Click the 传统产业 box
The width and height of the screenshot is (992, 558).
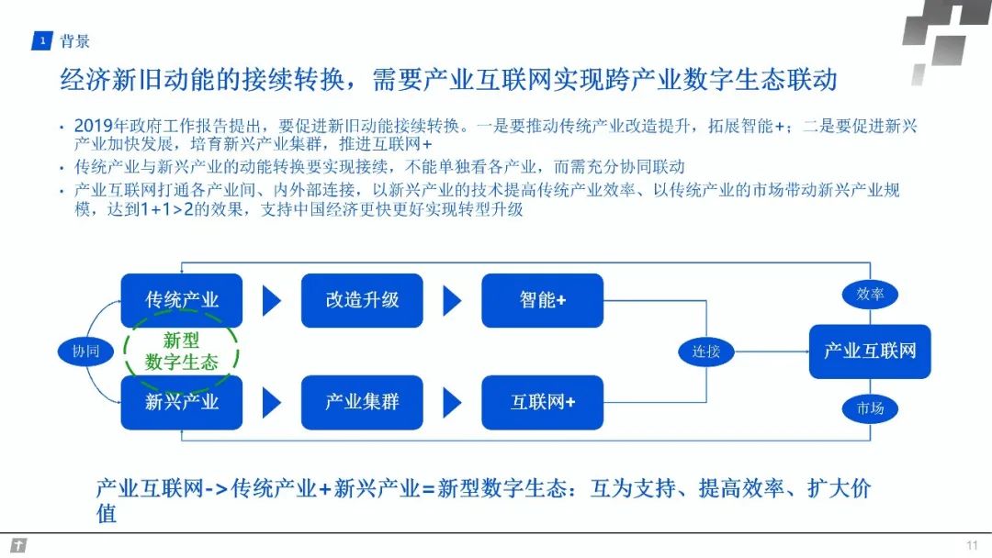pos(182,300)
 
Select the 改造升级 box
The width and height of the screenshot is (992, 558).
pos(362,300)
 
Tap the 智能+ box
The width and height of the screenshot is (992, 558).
pos(542,300)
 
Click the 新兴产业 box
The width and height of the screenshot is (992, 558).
pos(182,402)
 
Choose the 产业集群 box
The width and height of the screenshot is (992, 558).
pos(362,402)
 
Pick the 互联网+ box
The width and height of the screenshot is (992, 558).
pos(542,402)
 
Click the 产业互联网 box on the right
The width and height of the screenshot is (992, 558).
pos(869,351)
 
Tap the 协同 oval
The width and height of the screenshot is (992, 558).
pos(85,352)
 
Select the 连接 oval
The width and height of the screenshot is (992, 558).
pos(705,352)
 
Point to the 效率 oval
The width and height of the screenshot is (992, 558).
pos(870,294)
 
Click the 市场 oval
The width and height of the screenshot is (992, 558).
pos(870,408)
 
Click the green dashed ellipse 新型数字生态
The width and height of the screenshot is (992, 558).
pos(182,352)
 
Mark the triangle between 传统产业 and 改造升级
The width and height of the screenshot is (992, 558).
pos(271,301)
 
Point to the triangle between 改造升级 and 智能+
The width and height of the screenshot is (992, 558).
pos(451,301)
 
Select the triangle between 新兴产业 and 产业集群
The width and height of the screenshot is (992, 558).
pos(271,403)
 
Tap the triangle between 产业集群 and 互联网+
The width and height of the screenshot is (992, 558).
pos(451,403)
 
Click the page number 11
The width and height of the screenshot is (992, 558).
pos(972,545)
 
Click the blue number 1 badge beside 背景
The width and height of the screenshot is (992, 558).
pos(41,41)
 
